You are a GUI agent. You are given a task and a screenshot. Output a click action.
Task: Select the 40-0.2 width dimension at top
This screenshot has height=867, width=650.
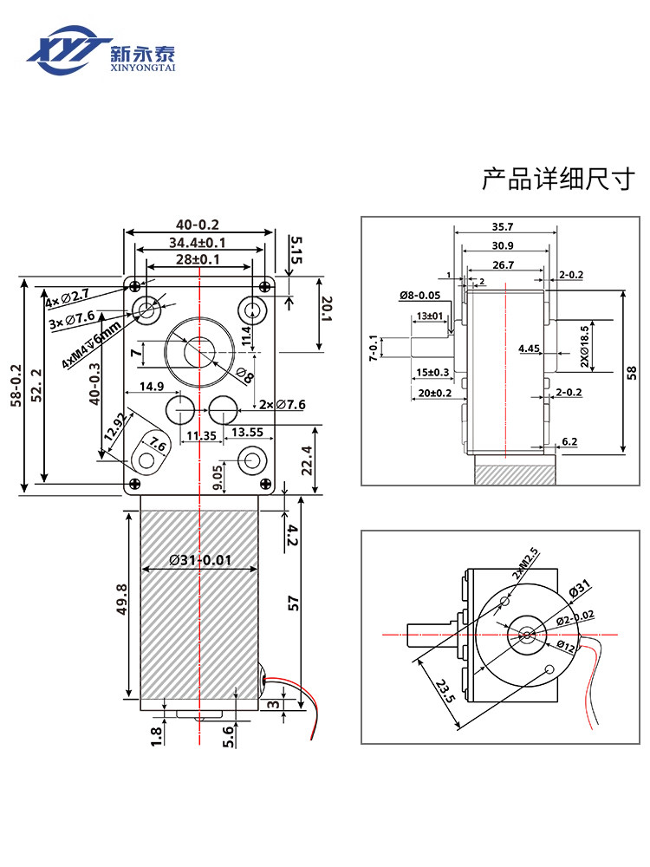[199, 225]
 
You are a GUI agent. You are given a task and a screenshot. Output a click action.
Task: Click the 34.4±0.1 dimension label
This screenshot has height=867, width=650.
[198, 242]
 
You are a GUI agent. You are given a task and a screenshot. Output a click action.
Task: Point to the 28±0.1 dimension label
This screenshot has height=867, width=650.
[198, 259]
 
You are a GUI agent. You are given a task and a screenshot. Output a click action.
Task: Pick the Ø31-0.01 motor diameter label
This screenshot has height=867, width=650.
[200, 560]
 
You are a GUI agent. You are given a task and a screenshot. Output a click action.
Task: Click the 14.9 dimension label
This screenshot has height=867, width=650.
[151, 386]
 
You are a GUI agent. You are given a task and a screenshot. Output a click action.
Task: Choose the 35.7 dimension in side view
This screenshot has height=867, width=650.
[502, 227]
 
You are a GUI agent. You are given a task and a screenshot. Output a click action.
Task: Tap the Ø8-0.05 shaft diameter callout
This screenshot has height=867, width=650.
[422, 297]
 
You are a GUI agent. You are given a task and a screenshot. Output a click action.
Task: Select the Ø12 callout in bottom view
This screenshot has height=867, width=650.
[567, 645]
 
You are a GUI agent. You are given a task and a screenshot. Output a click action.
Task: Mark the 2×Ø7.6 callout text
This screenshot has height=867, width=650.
[283, 405]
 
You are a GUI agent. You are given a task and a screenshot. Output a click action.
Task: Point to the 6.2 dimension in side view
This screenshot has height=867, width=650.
[570, 442]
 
